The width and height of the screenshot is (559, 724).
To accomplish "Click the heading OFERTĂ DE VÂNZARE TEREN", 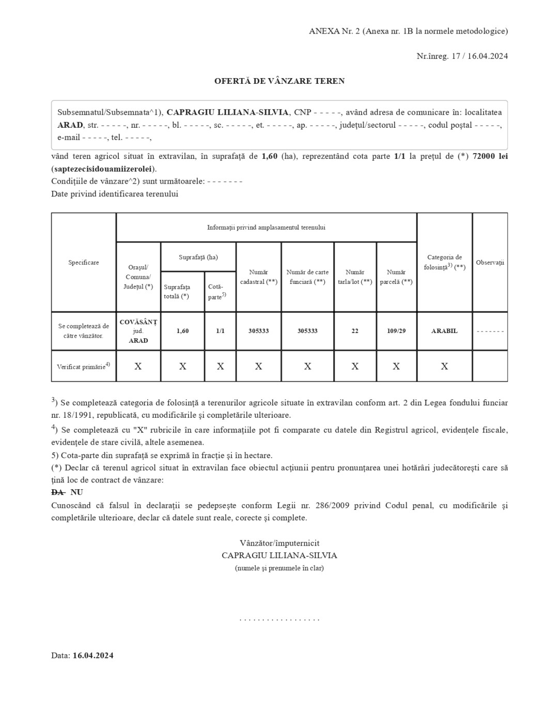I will (x=279, y=81).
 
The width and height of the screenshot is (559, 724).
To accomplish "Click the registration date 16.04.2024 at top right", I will (x=488, y=56).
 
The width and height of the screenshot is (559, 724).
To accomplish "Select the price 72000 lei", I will (x=490, y=156).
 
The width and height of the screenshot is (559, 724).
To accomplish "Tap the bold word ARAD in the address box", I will (x=70, y=125).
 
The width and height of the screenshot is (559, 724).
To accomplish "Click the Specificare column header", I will (x=84, y=263).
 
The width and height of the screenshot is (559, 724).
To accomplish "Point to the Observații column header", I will (x=490, y=263).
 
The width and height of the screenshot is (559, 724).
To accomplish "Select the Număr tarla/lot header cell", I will (x=355, y=277).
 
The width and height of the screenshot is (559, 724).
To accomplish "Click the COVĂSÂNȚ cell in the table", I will (x=138, y=322).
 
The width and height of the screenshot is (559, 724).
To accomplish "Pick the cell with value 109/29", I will (x=396, y=331).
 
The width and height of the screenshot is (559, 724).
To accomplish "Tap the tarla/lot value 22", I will (x=355, y=331).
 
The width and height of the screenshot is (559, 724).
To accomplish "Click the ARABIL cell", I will (x=444, y=331).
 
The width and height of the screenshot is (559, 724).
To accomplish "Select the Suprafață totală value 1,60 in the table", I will (x=182, y=331).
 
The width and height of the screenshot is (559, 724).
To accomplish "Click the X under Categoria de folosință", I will (x=444, y=366).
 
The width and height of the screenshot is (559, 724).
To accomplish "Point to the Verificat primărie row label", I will (x=83, y=367).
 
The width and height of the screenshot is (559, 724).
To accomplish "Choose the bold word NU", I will (x=76, y=492).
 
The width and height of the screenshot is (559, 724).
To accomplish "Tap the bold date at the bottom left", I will (x=93, y=656).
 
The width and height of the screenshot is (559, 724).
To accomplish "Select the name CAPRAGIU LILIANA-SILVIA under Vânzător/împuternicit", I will (x=279, y=555).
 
